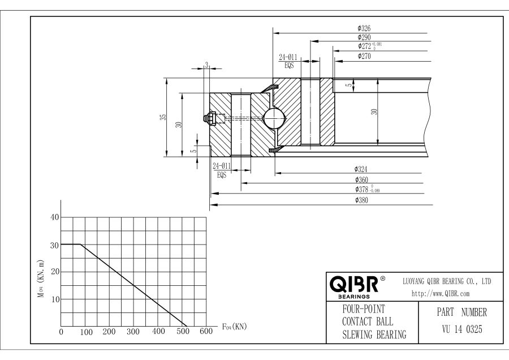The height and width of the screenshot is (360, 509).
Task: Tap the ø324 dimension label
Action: click(363, 169)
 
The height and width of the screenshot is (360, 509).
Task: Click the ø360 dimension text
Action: click(363, 179)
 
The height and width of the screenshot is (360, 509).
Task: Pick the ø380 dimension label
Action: click(363, 200)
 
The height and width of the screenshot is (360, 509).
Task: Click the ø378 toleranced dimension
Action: click(366, 190)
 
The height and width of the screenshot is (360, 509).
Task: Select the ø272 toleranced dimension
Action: click(373, 46)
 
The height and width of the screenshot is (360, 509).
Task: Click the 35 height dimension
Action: click(163, 117)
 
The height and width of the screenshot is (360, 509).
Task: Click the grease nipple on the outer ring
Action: click(208, 118)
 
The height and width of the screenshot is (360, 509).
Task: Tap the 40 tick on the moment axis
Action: click(55, 217)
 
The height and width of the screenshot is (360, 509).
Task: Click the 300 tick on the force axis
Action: click(133, 332)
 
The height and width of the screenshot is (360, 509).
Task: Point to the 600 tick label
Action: click(206, 332)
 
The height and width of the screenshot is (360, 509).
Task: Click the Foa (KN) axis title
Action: click(234, 327)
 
